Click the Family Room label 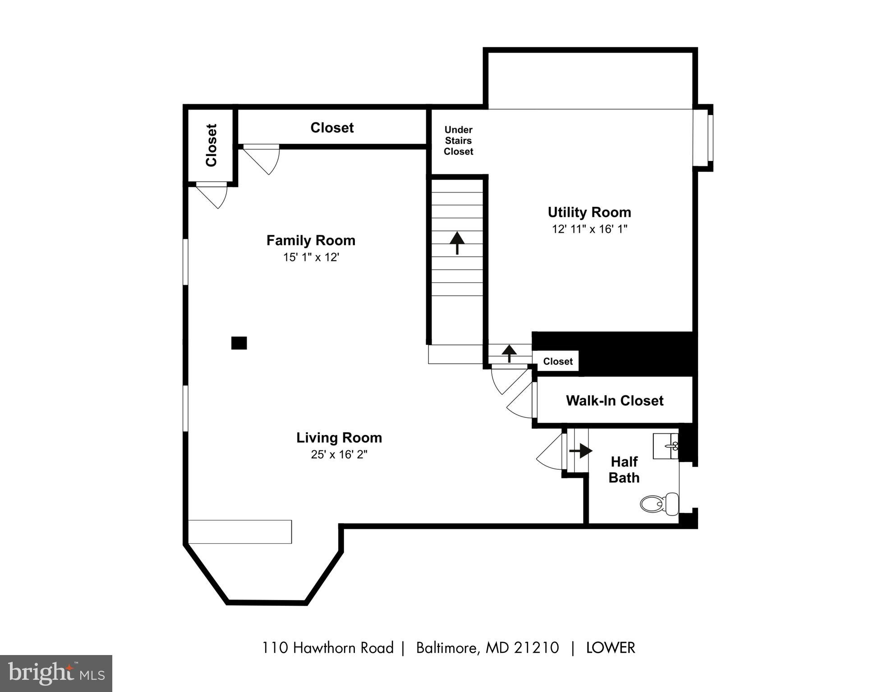pos(311,240)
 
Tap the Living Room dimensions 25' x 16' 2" pos(339,454)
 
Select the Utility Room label pos(589,212)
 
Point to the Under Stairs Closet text pos(459,141)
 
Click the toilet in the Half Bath pos(659,504)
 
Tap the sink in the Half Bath pos(666,446)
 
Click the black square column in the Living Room pos(239,343)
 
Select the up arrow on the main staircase pos(457,243)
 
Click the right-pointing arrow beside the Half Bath pos(581,450)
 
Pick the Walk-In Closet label pos(615,400)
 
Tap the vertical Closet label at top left pos(211,145)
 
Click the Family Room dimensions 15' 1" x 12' pos(311,257)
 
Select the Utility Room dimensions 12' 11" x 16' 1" pos(589,229)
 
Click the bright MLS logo pos(56,674)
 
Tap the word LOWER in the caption pos(611,648)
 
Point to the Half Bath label pos(624,470)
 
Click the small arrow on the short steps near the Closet pos(509,353)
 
